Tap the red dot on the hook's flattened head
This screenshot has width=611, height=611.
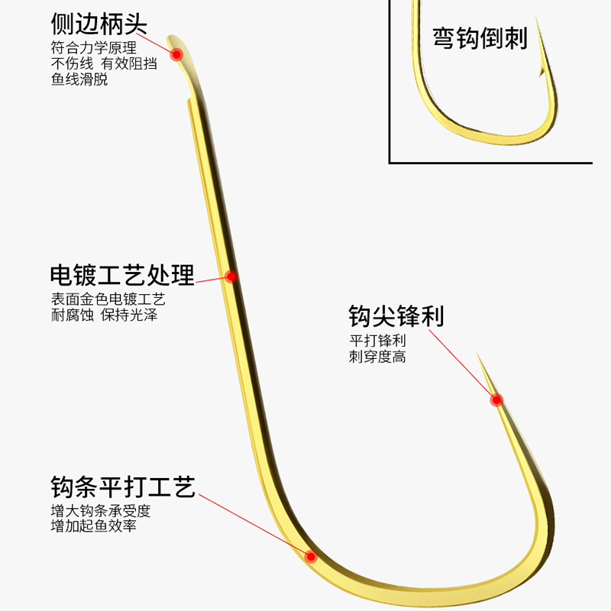point(176,54)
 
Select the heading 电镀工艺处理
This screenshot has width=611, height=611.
point(122,275)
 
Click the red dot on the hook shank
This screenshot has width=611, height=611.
point(231,276)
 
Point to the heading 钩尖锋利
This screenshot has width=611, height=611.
point(396,316)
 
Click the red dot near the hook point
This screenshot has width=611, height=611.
point(496,399)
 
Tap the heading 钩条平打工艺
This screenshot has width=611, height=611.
point(123,486)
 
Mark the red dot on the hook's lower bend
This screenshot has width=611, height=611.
point(311,556)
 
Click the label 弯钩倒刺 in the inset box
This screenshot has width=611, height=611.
point(480,38)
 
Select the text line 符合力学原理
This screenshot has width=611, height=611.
point(93,47)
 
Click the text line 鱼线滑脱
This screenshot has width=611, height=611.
point(79,79)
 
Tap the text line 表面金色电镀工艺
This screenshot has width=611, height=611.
point(108,299)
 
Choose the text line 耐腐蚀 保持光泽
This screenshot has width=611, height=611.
point(104,315)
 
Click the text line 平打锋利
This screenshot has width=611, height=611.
point(377,341)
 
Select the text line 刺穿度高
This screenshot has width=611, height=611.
point(377,357)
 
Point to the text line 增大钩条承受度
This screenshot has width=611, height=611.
point(100,510)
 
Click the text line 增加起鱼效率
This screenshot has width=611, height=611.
point(93,526)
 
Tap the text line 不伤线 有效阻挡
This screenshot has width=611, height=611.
point(104,63)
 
